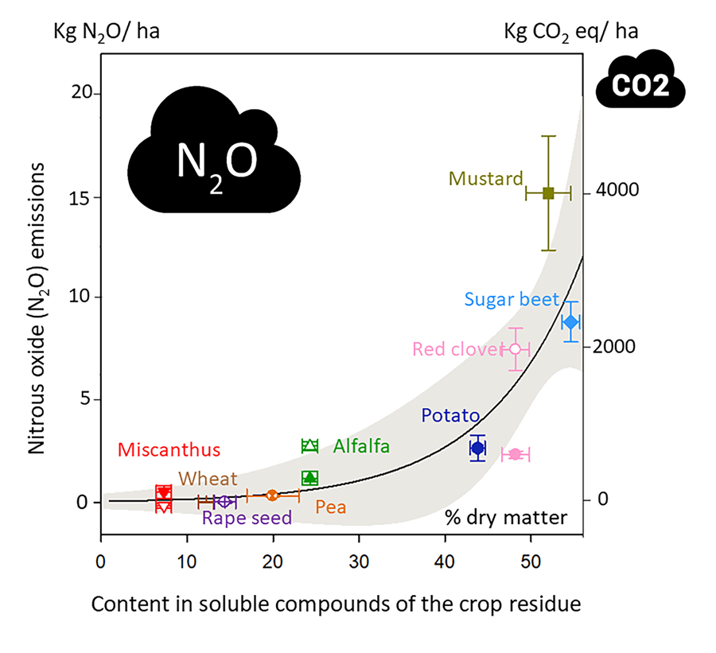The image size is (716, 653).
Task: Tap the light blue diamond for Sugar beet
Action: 570,322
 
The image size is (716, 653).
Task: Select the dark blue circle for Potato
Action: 477,448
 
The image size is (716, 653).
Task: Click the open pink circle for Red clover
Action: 516,348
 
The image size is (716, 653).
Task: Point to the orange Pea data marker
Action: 272,495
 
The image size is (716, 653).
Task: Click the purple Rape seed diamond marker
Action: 224,501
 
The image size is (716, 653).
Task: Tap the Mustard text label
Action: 485,178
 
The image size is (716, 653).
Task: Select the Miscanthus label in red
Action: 169,450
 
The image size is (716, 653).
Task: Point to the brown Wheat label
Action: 208,479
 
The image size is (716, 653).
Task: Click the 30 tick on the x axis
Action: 360,558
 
